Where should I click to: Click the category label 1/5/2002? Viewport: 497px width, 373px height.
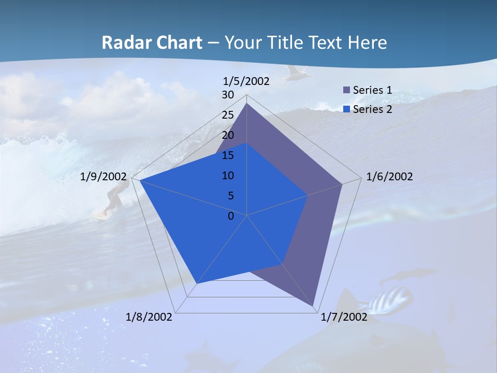coord(246,81)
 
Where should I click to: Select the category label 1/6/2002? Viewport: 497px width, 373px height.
coord(389,177)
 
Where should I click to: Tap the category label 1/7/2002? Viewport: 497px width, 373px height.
coord(344,317)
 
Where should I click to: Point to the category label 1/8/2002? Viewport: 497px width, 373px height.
coord(149,317)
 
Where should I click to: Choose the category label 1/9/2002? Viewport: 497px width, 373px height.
coord(104,177)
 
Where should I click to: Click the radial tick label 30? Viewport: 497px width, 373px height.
coord(228,95)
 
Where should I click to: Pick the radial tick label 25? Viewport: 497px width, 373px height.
coord(228,115)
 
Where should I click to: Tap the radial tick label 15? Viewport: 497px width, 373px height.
coord(228,155)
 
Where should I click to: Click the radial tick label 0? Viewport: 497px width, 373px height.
coord(231,216)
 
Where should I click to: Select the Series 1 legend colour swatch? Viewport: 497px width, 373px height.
coord(347,90)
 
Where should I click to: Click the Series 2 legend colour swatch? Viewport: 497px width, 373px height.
coord(347,109)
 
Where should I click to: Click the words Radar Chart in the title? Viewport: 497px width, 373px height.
coord(152,42)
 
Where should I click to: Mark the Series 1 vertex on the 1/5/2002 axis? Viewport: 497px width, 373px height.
coord(247,104)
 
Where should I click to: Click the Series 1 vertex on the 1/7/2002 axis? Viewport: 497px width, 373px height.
coord(314,306)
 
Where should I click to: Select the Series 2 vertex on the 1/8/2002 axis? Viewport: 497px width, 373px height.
coord(197,283)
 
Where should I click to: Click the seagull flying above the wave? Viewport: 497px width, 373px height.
coord(298,73)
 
